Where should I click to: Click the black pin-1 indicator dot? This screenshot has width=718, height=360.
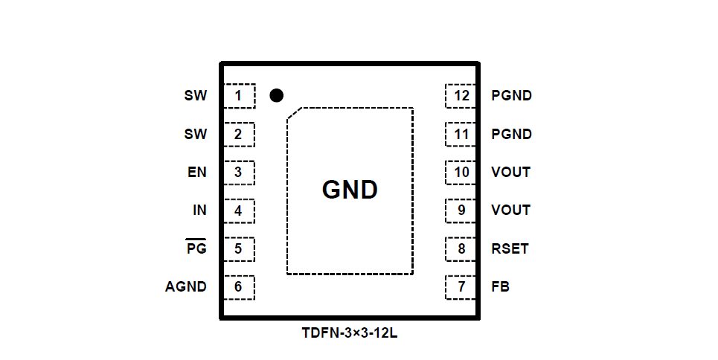[x=276, y=95]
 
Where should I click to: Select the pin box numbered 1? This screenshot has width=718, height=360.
[x=239, y=96]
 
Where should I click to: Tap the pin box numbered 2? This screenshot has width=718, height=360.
[x=239, y=135]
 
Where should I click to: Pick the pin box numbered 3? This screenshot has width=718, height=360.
[x=239, y=173]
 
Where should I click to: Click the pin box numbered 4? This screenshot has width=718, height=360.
[x=239, y=210]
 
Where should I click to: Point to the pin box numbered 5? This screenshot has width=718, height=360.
[x=239, y=248]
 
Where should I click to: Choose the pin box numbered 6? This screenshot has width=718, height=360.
[x=239, y=287]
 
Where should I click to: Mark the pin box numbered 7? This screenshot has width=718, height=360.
[x=461, y=287]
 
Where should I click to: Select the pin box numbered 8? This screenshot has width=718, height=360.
[x=461, y=248]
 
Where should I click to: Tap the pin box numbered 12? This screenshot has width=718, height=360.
[x=461, y=96]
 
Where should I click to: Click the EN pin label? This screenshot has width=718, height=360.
[x=197, y=173]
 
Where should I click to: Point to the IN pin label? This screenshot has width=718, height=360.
[x=199, y=210]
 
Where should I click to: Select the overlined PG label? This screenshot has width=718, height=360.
[x=196, y=248]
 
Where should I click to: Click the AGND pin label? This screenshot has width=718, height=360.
[x=186, y=287]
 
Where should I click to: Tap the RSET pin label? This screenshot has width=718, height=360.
[x=510, y=248]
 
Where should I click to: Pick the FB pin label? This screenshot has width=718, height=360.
[x=500, y=287]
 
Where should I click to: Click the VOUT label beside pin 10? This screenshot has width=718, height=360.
[x=510, y=173]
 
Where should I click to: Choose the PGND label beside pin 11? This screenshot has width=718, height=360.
[x=511, y=135]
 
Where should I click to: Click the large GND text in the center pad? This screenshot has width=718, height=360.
[x=350, y=190]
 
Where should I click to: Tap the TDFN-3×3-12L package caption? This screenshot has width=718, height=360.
[x=350, y=333]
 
